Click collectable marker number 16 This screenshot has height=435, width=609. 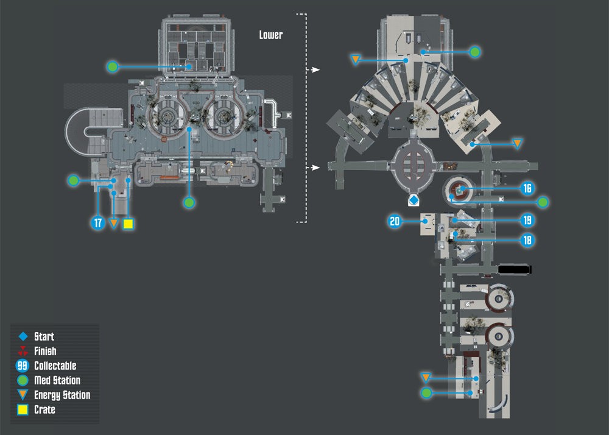click(527, 188)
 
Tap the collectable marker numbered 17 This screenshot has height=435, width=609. click(98, 223)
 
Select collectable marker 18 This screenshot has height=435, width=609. click(527, 240)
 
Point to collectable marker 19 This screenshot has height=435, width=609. click(527, 220)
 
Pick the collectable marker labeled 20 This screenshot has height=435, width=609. click(395, 221)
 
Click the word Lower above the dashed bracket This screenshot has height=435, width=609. click(271, 35)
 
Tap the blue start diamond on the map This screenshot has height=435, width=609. click(414, 200)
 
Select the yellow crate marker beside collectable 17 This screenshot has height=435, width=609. click(128, 224)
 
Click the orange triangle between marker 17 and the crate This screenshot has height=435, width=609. click(113, 224)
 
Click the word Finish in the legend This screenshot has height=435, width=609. click(45, 351)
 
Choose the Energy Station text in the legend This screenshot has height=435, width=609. click(62, 395)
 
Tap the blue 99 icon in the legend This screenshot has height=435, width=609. click(23, 366)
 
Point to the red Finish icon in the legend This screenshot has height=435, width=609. click(23, 351)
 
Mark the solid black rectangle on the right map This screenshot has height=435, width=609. click(514, 269)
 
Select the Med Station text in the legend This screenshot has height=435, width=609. click(57, 380)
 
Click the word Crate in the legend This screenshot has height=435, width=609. click(44, 409)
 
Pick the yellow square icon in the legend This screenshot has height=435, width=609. click(23, 409)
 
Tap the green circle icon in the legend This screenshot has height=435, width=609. click(23, 380)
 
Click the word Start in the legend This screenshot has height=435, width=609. click(44, 336)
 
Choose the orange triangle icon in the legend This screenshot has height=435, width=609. click(23, 395)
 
